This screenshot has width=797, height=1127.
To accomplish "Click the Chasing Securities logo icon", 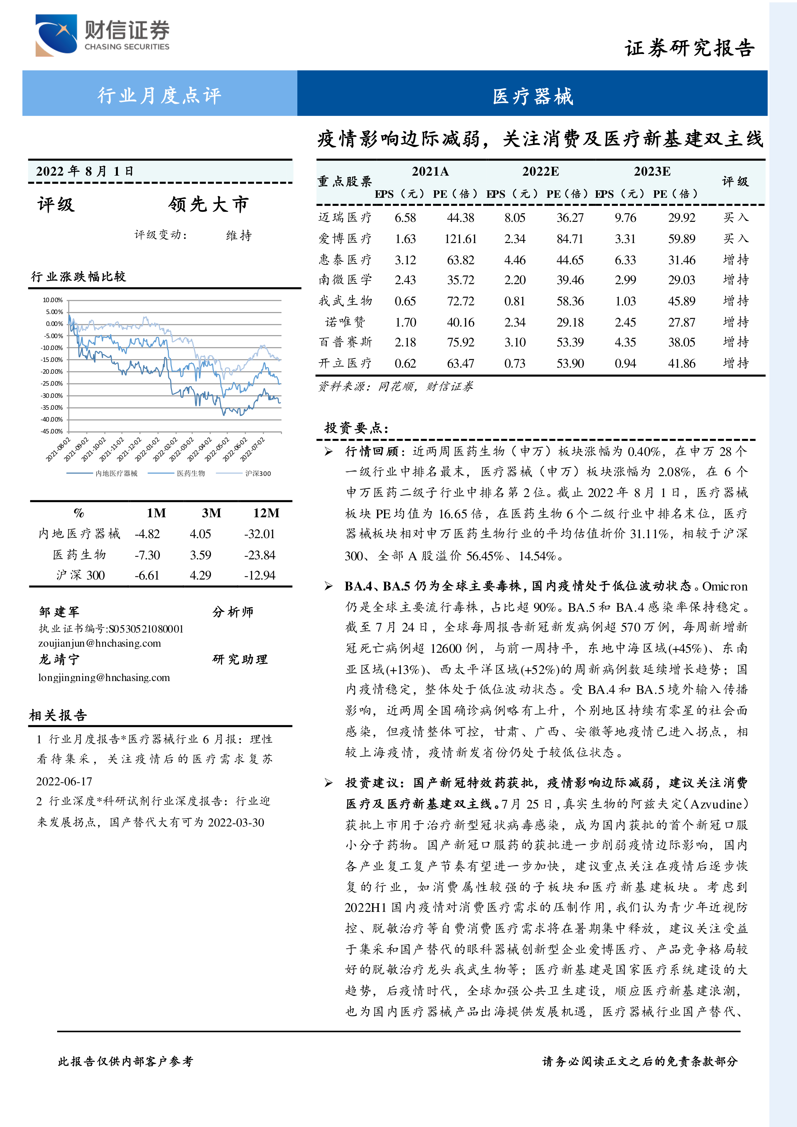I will (x=56, y=35).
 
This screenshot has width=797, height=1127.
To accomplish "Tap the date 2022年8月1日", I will (x=84, y=171).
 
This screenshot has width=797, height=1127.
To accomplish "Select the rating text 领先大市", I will (x=209, y=204).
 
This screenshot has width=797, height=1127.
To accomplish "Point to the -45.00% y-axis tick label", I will (x=52, y=432).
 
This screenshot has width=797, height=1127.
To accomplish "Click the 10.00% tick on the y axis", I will (x=53, y=300).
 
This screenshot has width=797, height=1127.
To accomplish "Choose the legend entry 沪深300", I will (x=258, y=473).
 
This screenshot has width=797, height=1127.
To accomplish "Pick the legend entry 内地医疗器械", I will (x=116, y=473).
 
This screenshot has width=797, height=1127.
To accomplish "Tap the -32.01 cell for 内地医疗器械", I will (x=259, y=534).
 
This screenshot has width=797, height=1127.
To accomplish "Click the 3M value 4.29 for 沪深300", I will (x=200, y=575).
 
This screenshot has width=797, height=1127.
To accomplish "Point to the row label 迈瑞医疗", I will (x=345, y=217).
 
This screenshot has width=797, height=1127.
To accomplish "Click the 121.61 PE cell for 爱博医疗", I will (x=460, y=239).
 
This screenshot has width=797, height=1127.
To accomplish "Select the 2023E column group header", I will (x=652, y=171).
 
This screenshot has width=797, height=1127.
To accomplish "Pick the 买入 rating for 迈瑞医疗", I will (x=736, y=217).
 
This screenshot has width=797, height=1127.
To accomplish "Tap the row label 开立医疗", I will (x=345, y=363).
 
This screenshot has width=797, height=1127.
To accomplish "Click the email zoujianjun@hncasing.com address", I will (x=100, y=643).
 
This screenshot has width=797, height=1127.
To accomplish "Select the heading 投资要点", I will (x=356, y=428).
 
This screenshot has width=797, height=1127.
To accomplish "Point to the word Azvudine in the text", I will (x=718, y=804).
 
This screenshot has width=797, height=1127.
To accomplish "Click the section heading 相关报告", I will (x=58, y=715).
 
